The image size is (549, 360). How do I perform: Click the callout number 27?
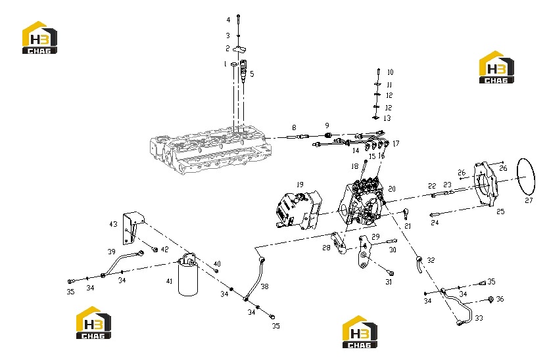[x=529, y=200]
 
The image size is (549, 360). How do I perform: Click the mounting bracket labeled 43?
[x=133, y=228]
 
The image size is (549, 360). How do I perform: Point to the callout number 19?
[x=300, y=185]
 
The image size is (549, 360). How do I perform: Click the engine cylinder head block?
[x=211, y=152]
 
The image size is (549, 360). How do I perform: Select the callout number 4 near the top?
[x=228, y=20]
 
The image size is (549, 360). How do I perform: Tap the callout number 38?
[x=265, y=286]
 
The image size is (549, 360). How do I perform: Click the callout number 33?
[x=479, y=318]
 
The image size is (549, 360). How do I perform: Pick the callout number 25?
[x=501, y=212]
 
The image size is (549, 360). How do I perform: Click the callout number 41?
[x=170, y=281]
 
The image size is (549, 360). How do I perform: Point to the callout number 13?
[x=387, y=118]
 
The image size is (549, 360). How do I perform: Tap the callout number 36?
[x=500, y=299]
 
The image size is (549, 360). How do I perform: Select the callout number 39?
[x=111, y=252]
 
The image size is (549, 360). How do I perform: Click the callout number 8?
[x=294, y=127]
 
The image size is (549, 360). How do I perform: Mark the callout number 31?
[x=389, y=282]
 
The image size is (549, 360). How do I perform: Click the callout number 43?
[x=113, y=224]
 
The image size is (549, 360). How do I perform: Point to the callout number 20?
[x=392, y=189]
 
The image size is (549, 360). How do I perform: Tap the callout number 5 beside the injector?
[x=251, y=74]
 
